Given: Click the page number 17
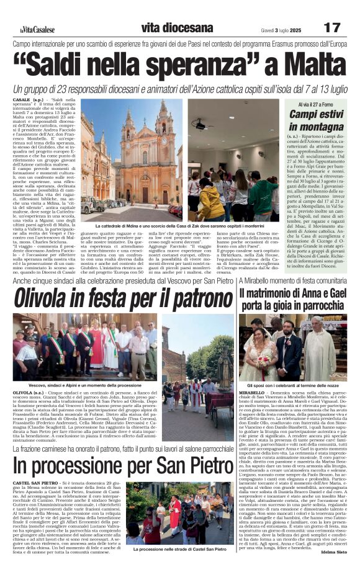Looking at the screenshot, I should [x=332, y=27].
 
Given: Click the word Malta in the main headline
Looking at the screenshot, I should [x=297, y=65].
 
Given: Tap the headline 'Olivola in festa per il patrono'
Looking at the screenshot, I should [x=115, y=298].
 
